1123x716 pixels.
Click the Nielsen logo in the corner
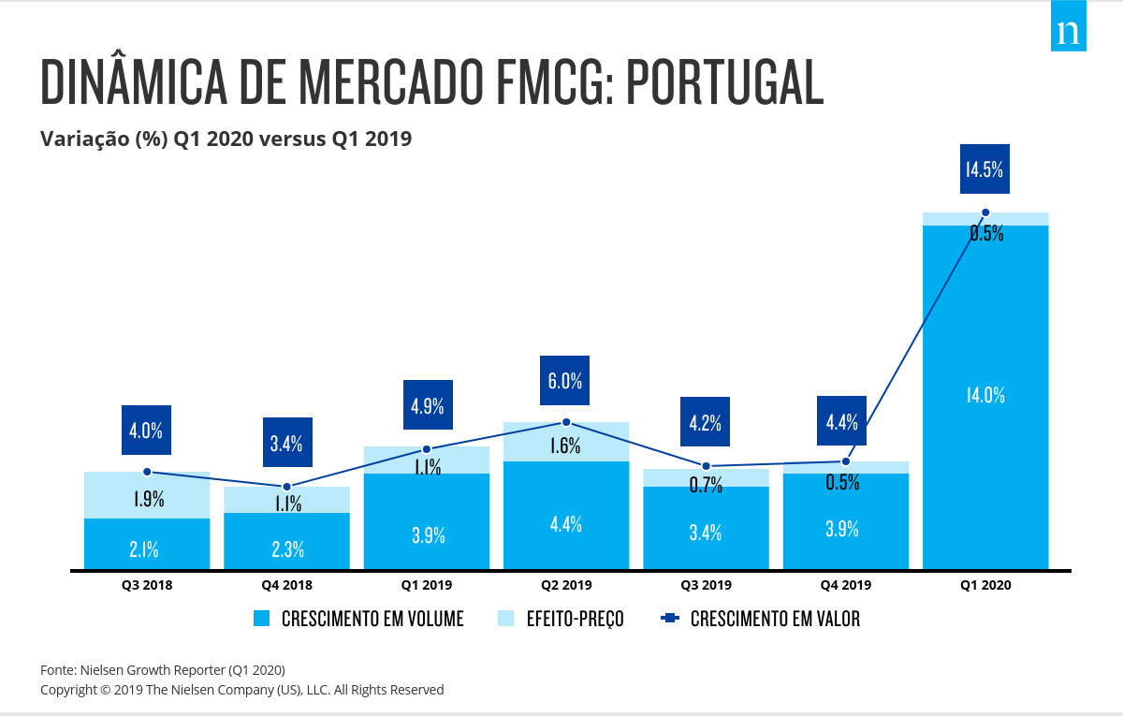[1068, 33]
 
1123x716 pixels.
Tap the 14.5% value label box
[984, 168]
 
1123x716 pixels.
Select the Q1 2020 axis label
[985, 585]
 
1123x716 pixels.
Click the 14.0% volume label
[985, 395]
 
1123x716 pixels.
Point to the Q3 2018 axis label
[147, 585]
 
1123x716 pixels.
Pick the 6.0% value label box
[565, 381]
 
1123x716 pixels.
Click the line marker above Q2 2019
[566, 423]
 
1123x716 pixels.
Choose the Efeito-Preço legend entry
[561, 619]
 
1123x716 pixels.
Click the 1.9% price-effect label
[148, 499]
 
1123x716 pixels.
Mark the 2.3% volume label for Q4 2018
[287, 549]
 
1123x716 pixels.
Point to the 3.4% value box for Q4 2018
[286, 443]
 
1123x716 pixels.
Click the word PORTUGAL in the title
[724, 82]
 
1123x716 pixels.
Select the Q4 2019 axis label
[846, 585]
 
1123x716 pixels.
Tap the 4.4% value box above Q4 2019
[842, 422]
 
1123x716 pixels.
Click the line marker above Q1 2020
[985, 212]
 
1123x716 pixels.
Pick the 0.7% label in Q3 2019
[706, 485]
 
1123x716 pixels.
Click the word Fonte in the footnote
[58, 670]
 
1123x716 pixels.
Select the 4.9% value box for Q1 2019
[427, 405]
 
